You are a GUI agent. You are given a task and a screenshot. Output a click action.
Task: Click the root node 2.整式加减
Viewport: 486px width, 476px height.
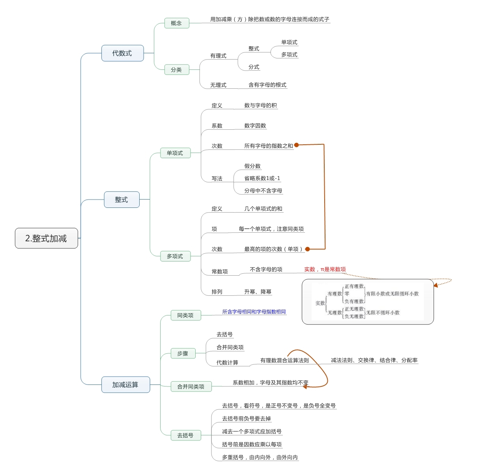point(46,238)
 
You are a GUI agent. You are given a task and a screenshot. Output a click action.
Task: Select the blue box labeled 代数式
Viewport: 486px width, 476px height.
point(122,53)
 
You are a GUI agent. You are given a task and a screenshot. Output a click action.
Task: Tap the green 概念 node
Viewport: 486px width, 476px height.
point(176,23)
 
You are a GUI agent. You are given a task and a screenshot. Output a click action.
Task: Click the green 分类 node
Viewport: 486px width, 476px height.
point(176,70)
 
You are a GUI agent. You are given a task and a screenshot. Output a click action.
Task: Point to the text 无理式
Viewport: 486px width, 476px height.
point(218,85)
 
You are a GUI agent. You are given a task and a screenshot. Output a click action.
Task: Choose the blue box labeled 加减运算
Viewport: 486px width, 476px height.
point(125,385)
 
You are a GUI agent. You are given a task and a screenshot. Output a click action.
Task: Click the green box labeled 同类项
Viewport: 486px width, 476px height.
point(185,315)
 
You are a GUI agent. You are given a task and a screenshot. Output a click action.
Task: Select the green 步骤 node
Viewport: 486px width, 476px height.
point(183,354)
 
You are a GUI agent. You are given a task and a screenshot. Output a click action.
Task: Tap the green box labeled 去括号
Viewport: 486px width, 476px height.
point(185,435)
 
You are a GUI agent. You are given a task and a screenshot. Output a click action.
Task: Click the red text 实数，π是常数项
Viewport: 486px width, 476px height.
point(325,269)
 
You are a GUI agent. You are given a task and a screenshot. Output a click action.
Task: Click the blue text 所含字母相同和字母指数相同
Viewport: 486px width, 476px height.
point(254,312)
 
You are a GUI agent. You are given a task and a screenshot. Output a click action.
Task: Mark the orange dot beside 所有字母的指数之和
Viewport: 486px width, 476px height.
point(297,145)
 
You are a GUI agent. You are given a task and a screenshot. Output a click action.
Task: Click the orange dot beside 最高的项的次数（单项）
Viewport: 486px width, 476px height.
point(307,249)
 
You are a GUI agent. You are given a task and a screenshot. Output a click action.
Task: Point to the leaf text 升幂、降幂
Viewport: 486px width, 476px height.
point(258,292)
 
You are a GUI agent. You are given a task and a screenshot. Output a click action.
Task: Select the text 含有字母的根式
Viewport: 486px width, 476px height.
point(267,85)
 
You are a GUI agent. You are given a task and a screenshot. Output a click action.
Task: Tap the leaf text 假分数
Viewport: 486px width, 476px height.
point(252,166)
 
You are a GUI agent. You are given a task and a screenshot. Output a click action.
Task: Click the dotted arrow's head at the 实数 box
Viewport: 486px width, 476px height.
point(436,285)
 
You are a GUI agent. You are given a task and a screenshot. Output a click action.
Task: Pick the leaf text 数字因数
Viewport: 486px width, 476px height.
point(255,126)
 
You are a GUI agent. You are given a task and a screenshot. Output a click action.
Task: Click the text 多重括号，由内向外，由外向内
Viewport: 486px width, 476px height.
point(260,457)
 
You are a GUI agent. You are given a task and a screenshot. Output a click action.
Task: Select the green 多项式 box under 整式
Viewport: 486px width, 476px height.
point(175,256)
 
